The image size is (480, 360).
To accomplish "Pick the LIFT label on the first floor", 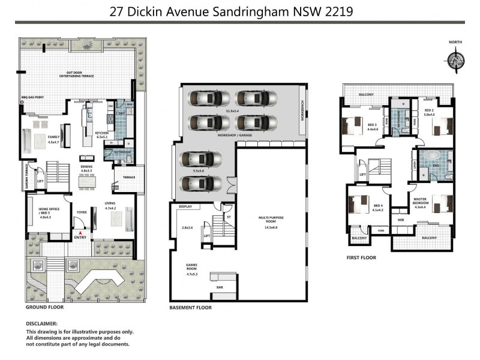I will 362,175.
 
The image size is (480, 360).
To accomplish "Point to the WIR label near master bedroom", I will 400,220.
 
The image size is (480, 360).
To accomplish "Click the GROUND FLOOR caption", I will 44,307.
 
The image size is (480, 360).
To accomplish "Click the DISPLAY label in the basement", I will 185,206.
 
